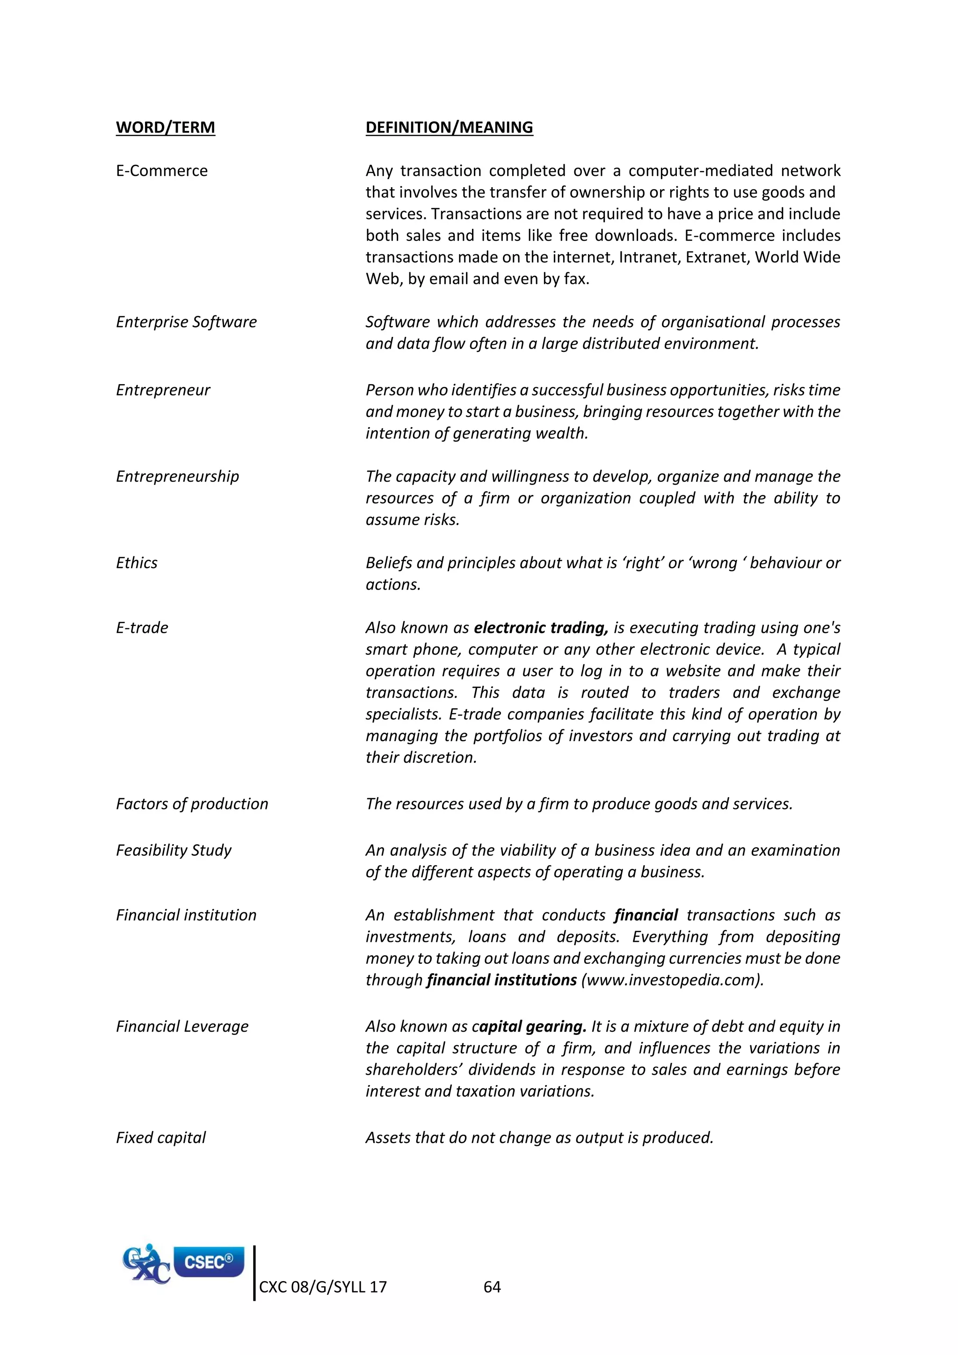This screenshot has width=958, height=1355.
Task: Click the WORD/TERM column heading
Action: [165, 127]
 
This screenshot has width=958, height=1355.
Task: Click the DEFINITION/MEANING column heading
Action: [449, 127]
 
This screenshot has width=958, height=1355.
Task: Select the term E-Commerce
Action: [162, 171]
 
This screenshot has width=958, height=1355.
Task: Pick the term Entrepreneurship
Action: [178, 477]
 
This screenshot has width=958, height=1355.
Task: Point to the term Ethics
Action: [137, 563]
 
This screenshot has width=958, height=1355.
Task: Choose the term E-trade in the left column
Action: [142, 628]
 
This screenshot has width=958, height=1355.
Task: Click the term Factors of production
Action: [192, 804]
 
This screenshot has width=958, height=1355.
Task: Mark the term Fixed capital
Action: [161, 1138]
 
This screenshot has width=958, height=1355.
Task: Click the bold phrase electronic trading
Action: [540, 628]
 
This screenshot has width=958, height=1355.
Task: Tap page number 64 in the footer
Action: [492, 1287]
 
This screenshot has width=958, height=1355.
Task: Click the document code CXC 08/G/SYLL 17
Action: [323, 1287]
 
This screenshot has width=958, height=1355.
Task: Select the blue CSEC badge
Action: [209, 1262]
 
